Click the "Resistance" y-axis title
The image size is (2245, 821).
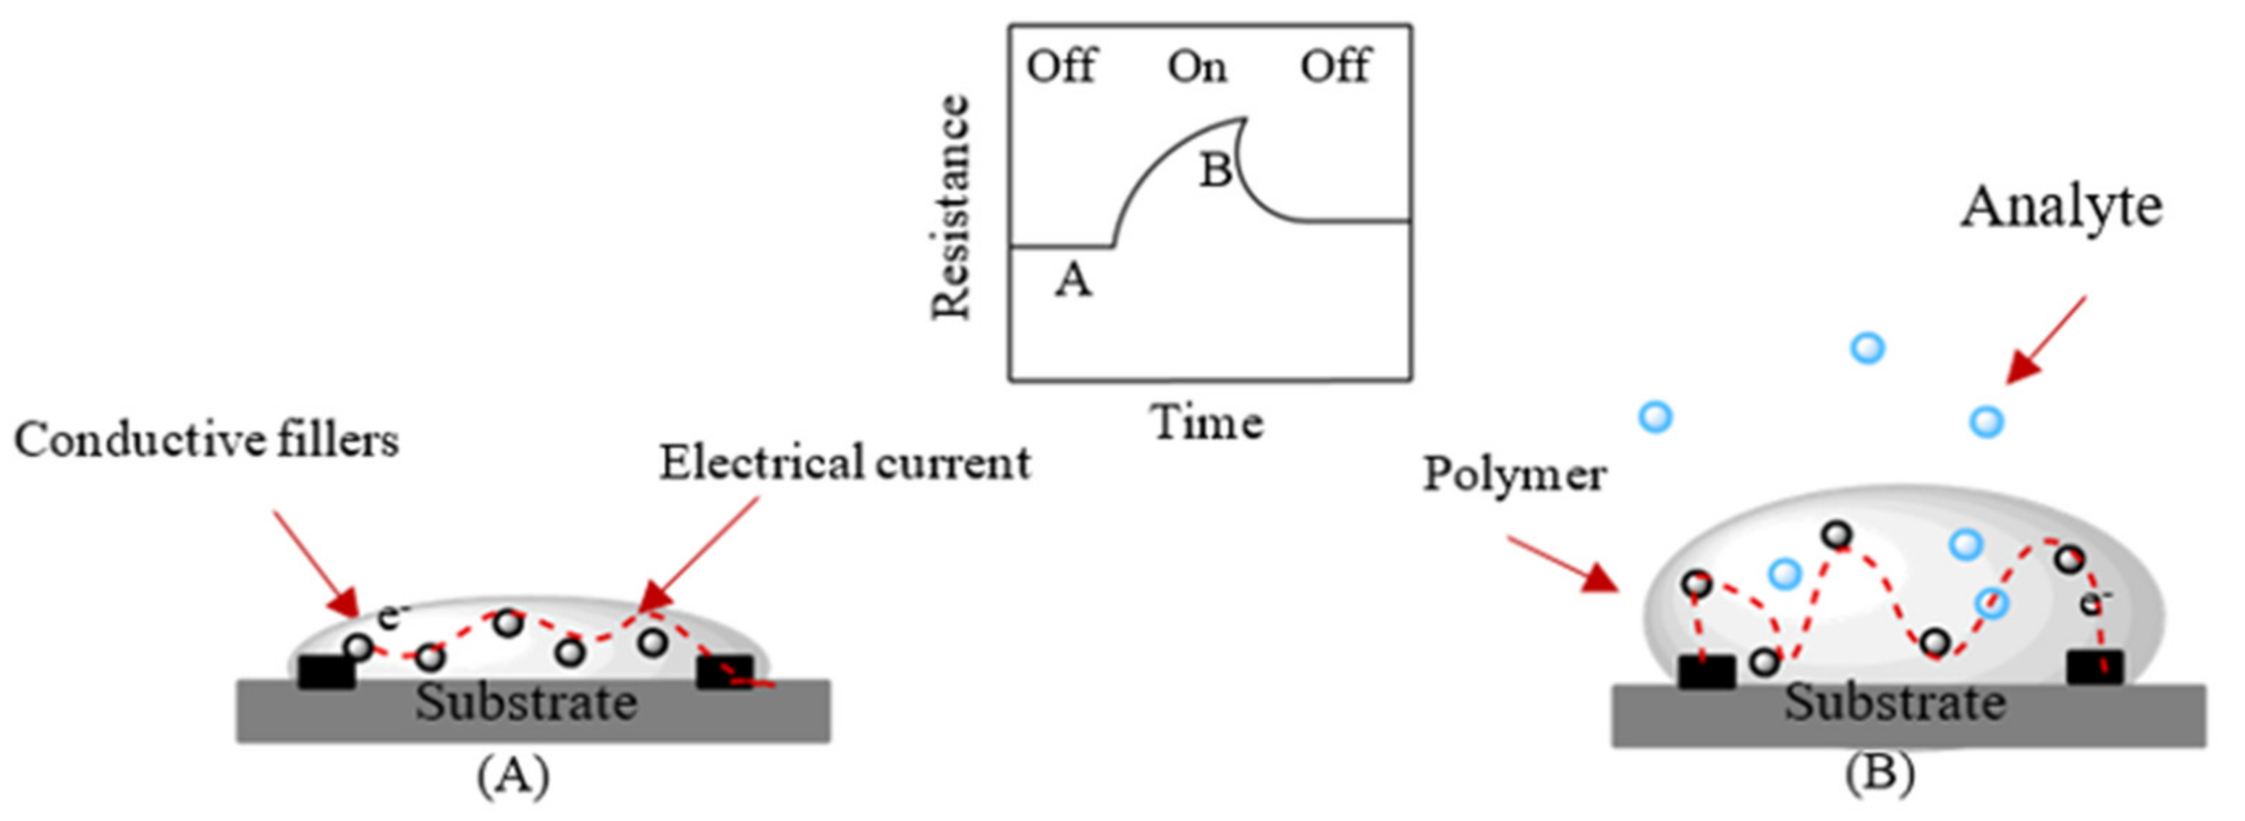[951, 208]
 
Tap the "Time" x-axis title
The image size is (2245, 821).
[1208, 424]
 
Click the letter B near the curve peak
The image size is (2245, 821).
[1216, 170]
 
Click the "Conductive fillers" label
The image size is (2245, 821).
[206, 440]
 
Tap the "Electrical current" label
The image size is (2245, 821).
[845, 463]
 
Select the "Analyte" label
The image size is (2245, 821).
[2062, 209]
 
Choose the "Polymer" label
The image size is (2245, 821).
[1515, 476]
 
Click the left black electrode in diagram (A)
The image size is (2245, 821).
[326, 672]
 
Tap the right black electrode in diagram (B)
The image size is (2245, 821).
[2094, 668]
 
